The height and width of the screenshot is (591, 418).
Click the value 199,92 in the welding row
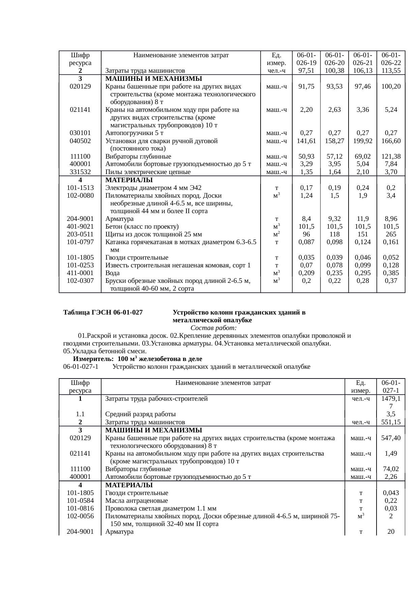click(x=362, y=141)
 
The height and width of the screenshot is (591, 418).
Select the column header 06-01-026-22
click(x=391, y=59)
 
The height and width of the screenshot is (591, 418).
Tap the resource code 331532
click(x=80, y=172)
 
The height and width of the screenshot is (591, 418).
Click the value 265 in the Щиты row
click(x=391, y=234)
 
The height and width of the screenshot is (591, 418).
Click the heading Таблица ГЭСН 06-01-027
click(x=103, y=313)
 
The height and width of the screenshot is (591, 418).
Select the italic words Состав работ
click(x=213, y=328)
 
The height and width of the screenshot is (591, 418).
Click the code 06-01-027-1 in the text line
click(x=81, y=366)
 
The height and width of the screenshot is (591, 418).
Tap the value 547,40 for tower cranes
click(x=391, y=438)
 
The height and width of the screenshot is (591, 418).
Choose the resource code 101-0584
click(x=80, y=501)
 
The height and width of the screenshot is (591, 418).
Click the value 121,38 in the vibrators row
click(x=391, y=157)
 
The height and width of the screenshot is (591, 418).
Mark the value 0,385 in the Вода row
click(x=391, y=273)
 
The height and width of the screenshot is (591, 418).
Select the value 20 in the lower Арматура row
click(x=391, y=532)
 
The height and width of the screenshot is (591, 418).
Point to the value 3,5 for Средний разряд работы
click(x=391, y=414)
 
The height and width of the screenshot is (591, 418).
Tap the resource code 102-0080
click(x=80, y=196)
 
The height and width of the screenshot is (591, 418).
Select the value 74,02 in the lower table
click(x=391, y=469)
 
